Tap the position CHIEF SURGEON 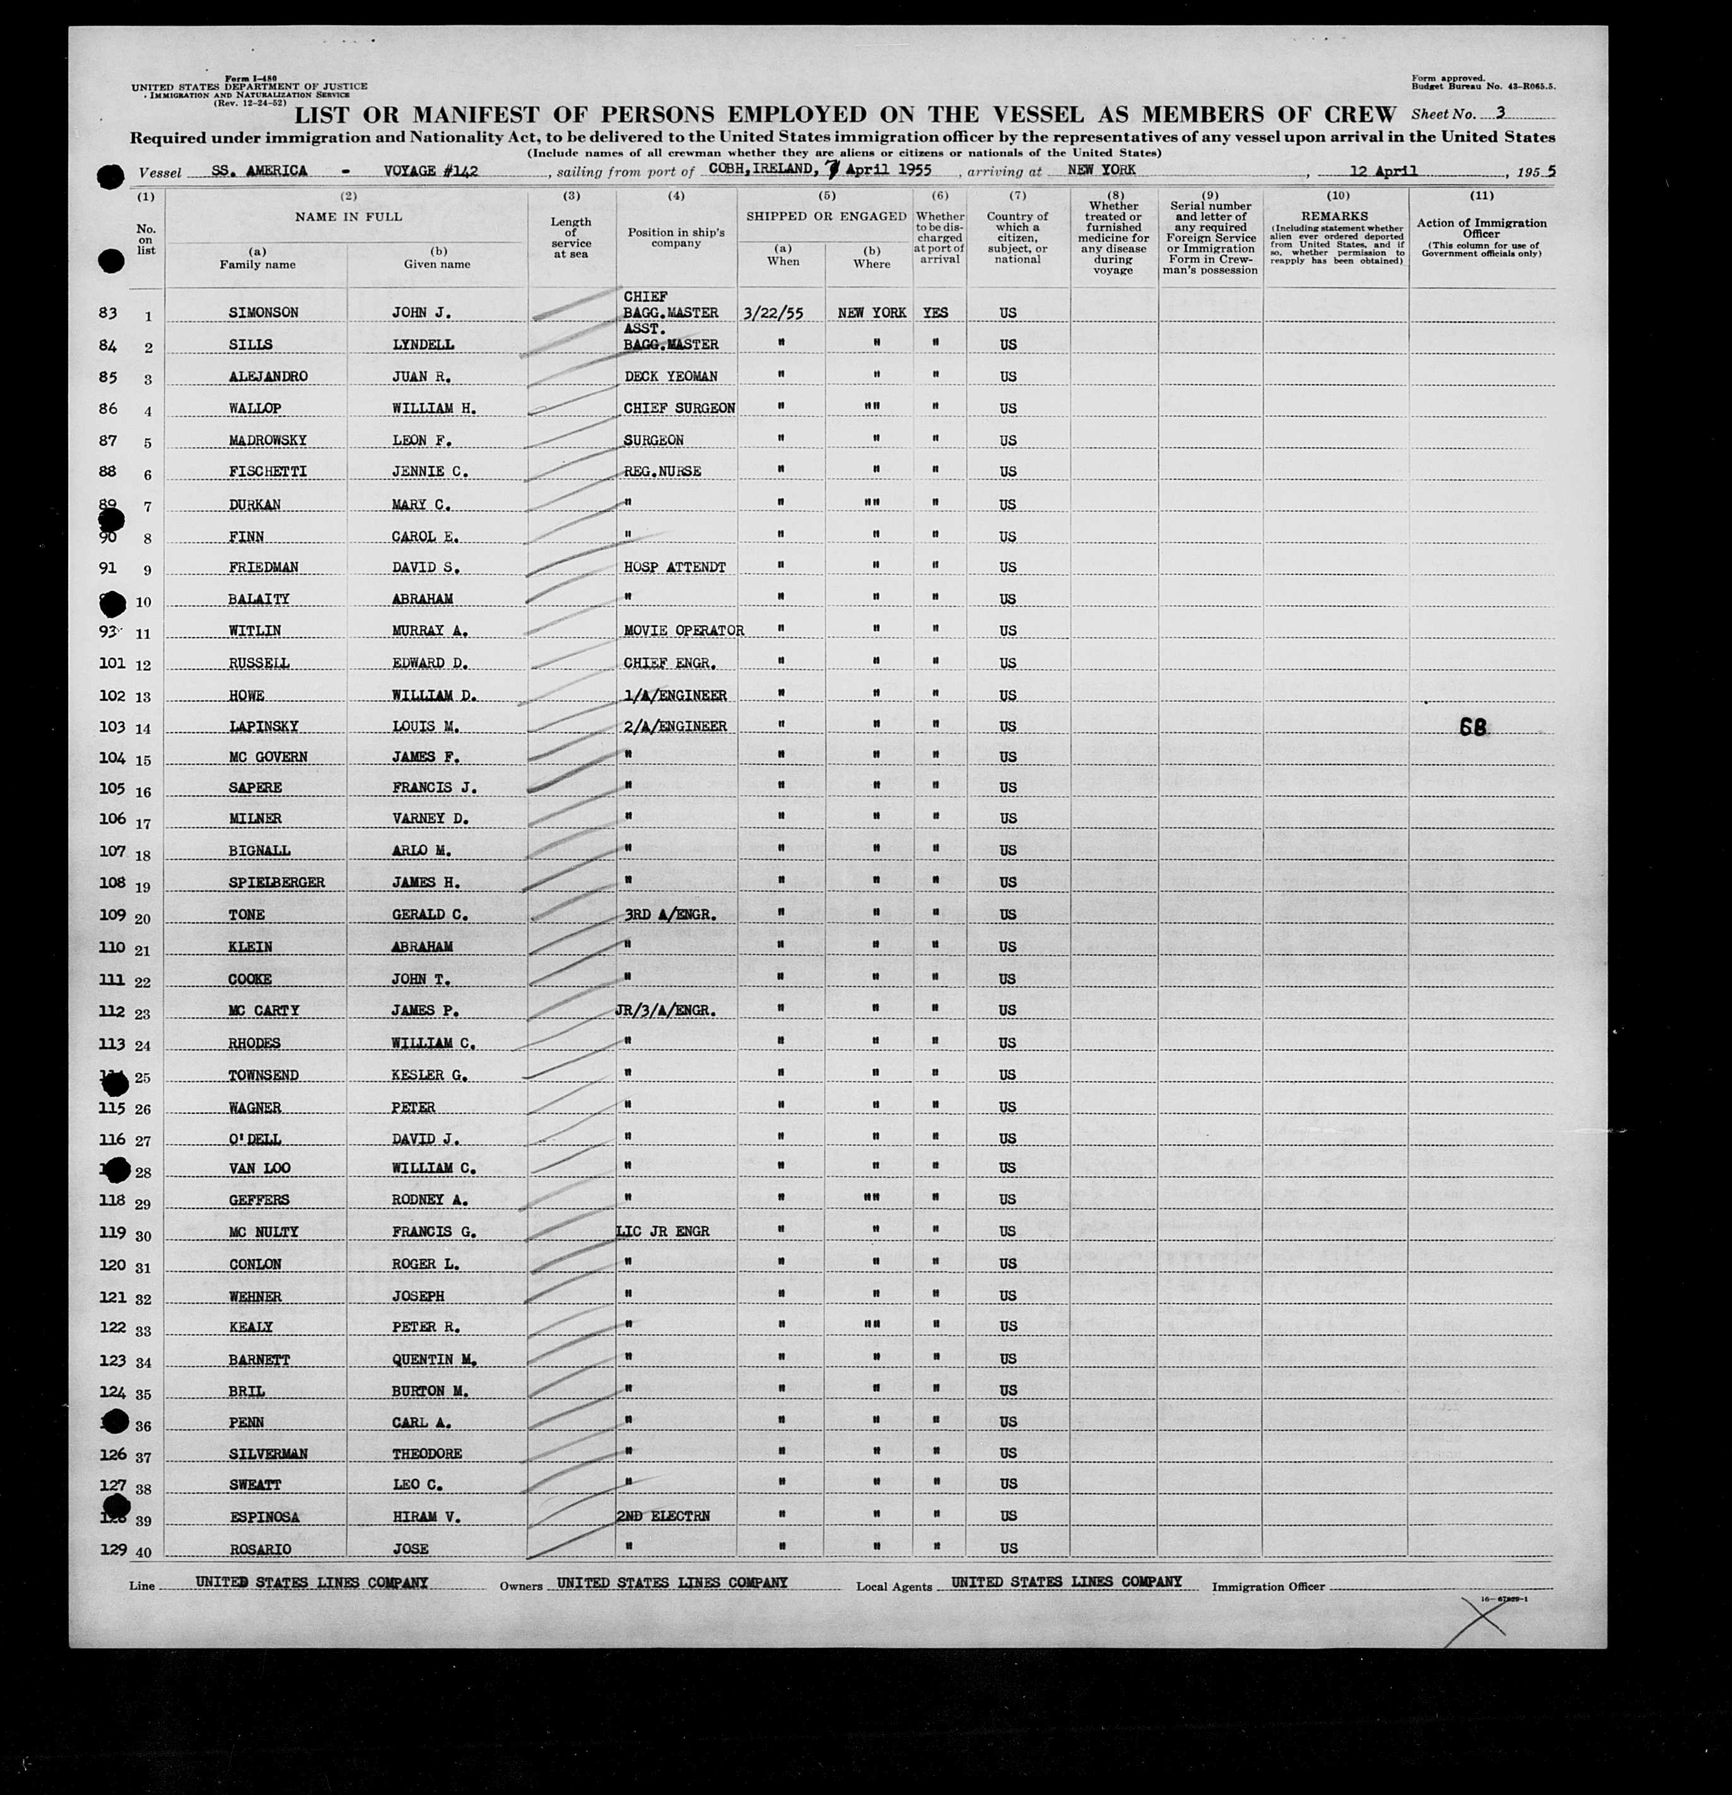[679, 409]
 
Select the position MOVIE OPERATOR [683, 631]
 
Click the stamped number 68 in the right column [1473, 728]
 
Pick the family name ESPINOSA [264, 1517]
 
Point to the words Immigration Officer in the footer [1268, 1586]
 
